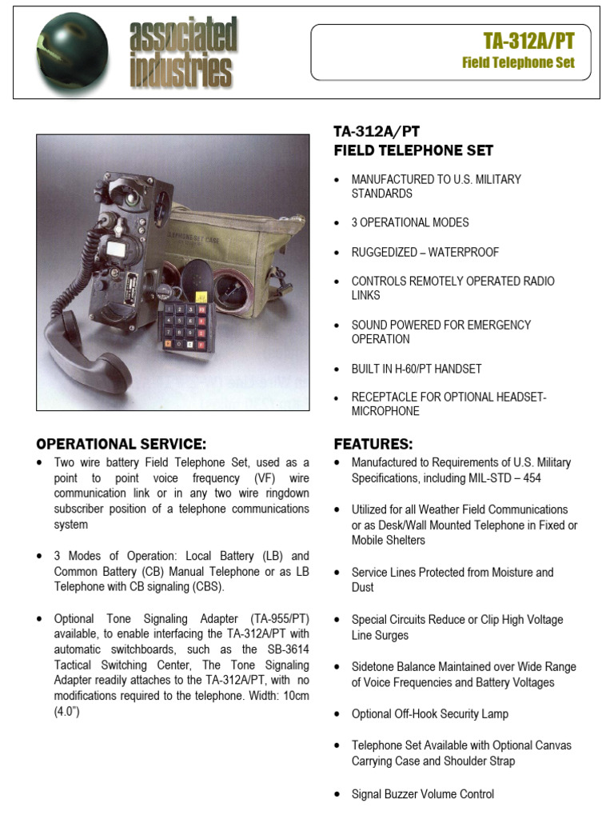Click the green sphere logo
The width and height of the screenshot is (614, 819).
[x=71, y=54]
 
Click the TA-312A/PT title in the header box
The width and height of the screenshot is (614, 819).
[x=528, y=42]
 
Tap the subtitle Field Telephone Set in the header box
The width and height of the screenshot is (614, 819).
[x=518, y=63]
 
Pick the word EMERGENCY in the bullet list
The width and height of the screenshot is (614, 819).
[x=492, y=325]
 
